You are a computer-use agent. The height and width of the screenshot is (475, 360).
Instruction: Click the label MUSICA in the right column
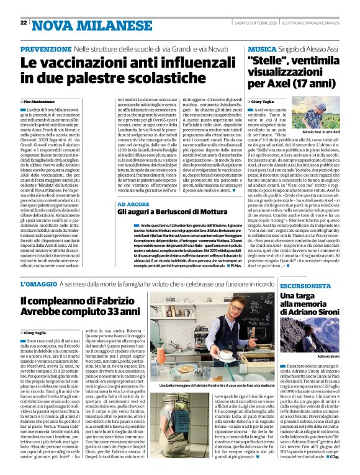261,48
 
